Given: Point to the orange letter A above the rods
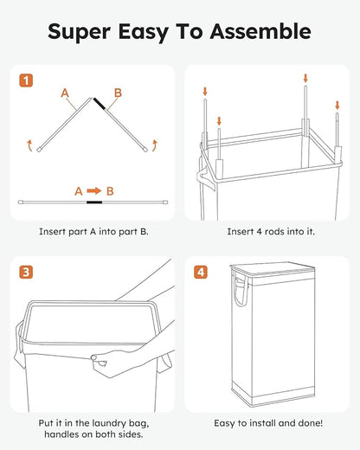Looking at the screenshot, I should point(64,91).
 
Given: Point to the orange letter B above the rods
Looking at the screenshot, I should point(118,91).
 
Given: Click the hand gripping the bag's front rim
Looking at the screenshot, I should point(104,357).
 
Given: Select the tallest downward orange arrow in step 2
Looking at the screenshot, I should point(305,80).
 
